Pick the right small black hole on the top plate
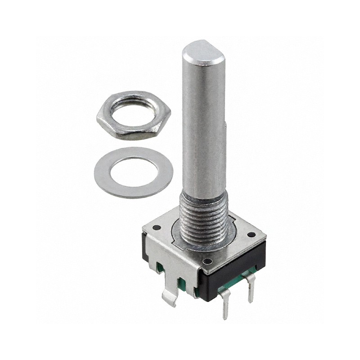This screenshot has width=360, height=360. pyautogui.click(x=250, y=234)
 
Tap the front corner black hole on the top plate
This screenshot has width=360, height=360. pyautogui.click(x=207, y=261)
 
